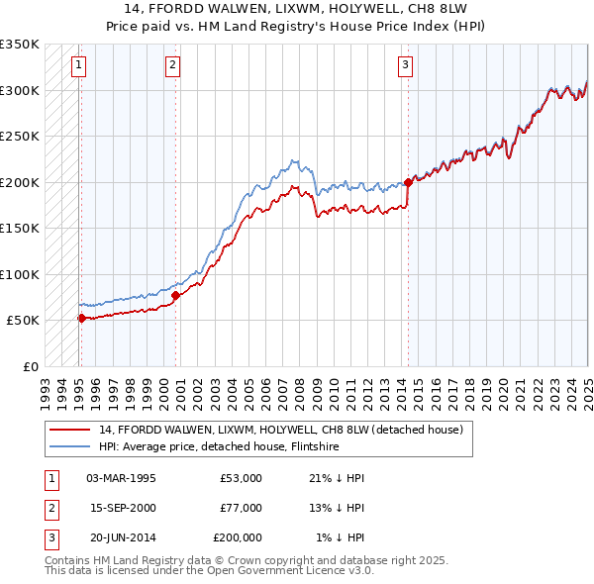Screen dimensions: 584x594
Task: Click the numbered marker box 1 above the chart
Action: [78, 66]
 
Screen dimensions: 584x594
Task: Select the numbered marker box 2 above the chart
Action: [172, 66]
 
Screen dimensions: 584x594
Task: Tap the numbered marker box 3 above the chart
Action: [406, 66]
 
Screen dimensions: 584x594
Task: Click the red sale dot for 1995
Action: [81, 318]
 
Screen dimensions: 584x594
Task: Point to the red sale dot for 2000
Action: [175, 295]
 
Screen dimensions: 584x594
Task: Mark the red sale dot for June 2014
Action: [408, 182]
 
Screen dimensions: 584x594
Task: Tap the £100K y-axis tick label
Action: [20, 274]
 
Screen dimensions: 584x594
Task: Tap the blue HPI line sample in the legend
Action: [70, 446]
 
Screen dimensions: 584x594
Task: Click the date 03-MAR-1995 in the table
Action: [122, 478]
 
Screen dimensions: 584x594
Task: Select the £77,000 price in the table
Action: [241, 508]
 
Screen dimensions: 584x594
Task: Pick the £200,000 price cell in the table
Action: [238, 537]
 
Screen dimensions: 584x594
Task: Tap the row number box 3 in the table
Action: [50, 537]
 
